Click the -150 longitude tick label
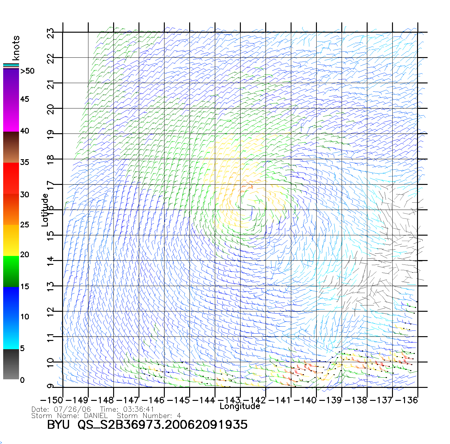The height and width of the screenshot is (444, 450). pos(52,400)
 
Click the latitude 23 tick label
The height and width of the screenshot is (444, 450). pos(51,33)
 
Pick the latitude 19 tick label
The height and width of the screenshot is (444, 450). pos(51,135)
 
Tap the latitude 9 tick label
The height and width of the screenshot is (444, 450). pos(51,386)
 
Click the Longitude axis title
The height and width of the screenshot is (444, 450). pos(240,406)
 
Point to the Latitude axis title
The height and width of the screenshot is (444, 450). pos(45,210)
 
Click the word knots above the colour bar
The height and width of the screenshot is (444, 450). pos(16,48)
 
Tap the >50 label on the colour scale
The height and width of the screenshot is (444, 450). pos(27,71)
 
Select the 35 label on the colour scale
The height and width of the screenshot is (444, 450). pos(24,162)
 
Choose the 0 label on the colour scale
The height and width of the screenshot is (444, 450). pos(22,380)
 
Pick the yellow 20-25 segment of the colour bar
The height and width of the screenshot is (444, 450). pos(11,240)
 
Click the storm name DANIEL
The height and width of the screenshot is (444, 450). pos(96,416)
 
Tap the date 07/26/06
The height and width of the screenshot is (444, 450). pos(73,409)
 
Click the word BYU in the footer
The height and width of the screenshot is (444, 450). pos(58,425)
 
